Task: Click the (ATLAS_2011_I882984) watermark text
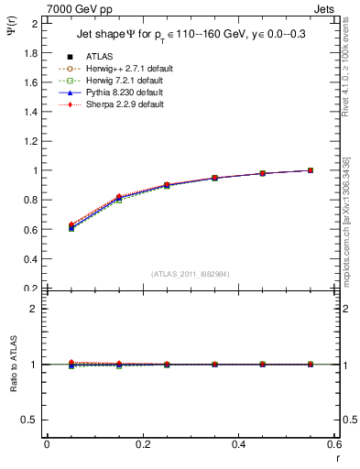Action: tap(191, 274)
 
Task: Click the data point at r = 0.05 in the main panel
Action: tap(71, 226)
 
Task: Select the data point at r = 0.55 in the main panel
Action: tap(311, 170)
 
